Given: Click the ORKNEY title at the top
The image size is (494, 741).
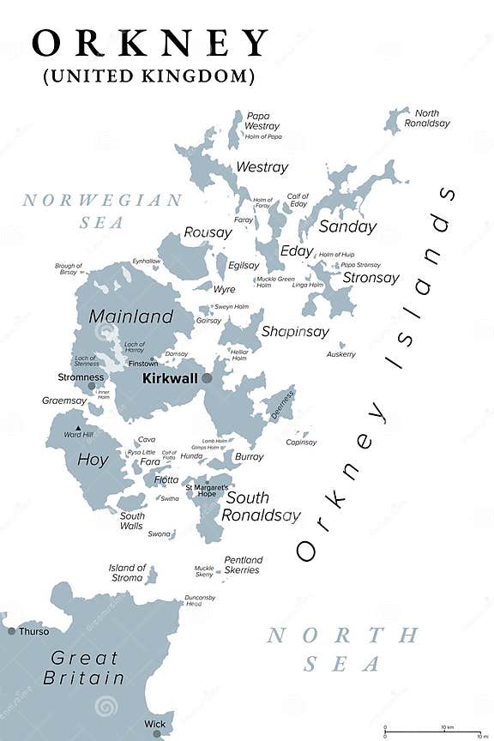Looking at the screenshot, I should (x=150, y=42).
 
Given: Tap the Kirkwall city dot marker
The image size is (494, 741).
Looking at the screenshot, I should (x=207, y=377).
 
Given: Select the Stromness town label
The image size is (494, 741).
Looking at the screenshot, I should (x=81, y=377).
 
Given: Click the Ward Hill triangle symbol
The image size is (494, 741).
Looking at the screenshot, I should (x=78, y=427).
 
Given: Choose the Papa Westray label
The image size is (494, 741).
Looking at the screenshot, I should (x=262, y=121).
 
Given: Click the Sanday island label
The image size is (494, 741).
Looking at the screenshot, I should (x=347, y=227).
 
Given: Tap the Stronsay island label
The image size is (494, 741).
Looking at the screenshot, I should (x=370, y=277).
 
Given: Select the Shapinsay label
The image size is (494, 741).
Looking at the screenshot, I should (x=295, y=331).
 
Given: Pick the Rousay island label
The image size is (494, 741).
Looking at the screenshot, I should (x=208, y=232).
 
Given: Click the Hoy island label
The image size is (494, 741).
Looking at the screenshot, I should (x=93, y=460).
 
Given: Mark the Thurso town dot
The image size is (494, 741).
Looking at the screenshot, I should (x=11, y=631).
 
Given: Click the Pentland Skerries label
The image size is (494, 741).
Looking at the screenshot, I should (x=243, y=565).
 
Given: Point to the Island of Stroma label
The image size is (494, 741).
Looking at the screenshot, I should (x=127, y=572).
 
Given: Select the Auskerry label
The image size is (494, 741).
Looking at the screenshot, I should (x=340, y=354).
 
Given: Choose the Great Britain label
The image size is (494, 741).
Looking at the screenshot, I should (x=87, y=667).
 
